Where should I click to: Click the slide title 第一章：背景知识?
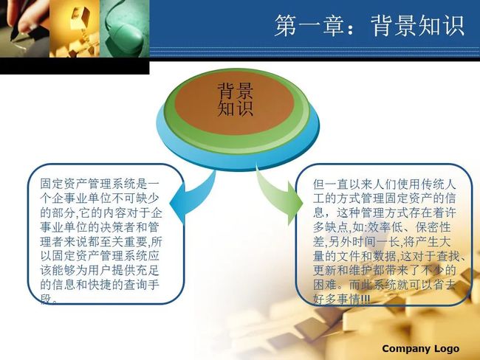click(369, 26)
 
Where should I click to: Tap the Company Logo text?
click(421, 348)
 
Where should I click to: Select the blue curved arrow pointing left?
click(191, 195)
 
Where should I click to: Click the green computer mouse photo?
click(125, 29)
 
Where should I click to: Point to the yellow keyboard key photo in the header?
click(75, 29)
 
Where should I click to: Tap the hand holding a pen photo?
click(25, 29)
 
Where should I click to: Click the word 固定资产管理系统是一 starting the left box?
click(100, 184)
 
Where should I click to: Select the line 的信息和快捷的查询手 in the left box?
click(100, 285)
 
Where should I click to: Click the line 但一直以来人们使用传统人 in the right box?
click(385, 184)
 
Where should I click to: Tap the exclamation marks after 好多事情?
click(366, 299)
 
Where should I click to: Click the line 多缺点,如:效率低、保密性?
click(382, 227)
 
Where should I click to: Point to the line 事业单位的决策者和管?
click(100, 227)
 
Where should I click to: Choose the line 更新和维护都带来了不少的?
click(385, 270)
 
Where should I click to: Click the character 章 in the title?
click(333, 26)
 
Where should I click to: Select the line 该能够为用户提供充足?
click(100, 270)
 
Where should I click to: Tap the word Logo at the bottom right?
click(447, 349)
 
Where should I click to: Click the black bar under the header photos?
click(75, 66)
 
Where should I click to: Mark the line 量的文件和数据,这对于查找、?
click(389, 256)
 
